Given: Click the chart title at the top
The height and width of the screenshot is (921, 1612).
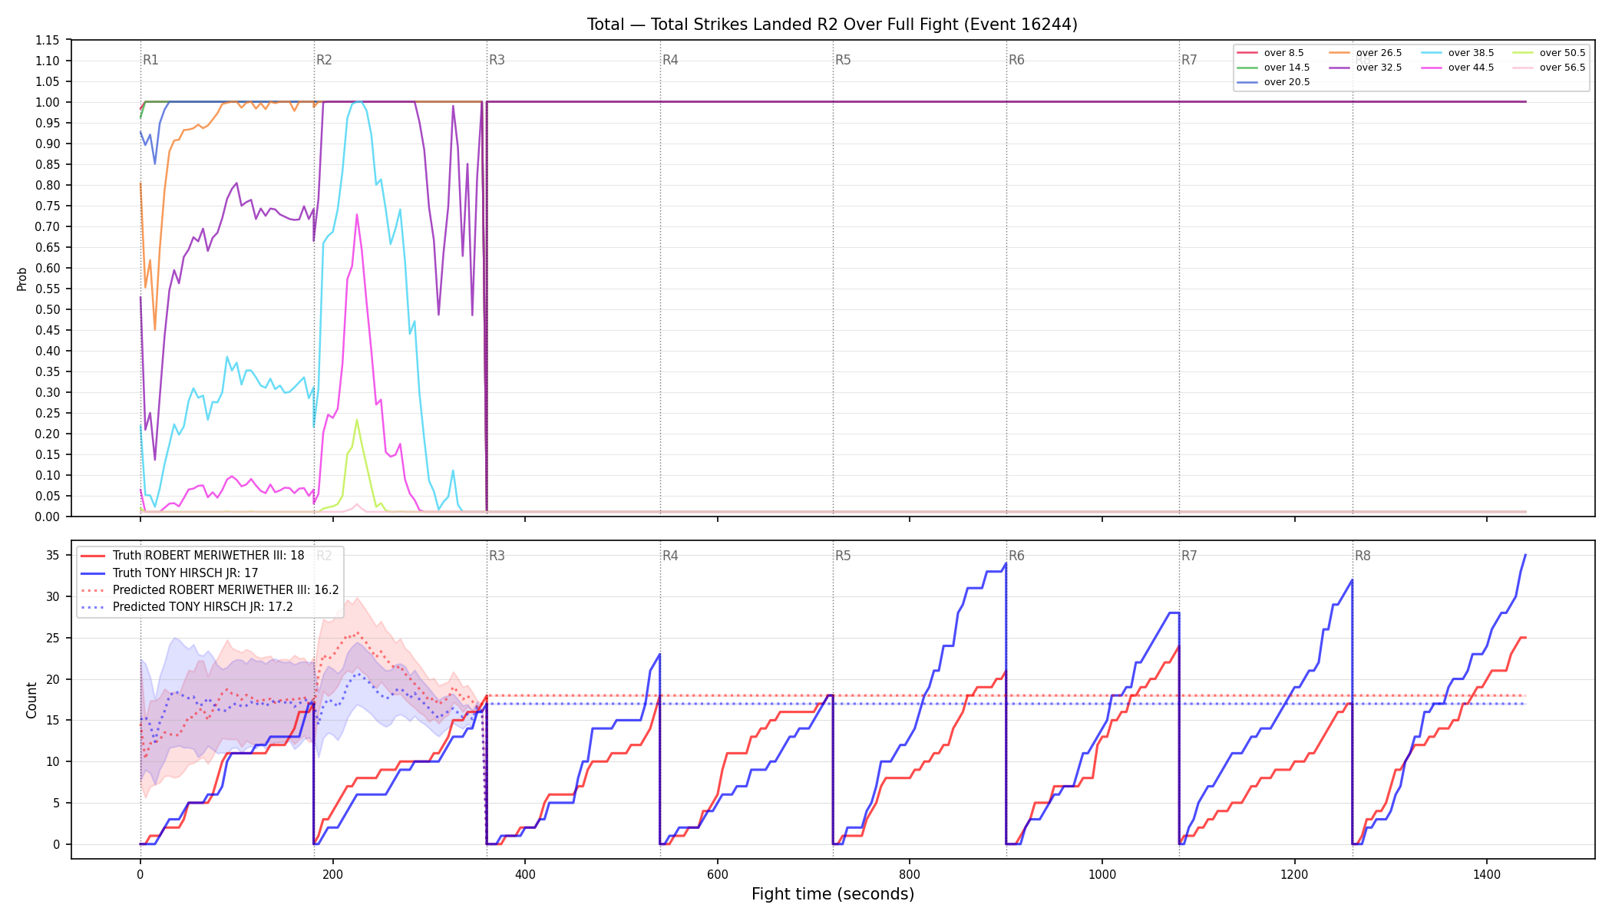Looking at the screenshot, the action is pos(832,25).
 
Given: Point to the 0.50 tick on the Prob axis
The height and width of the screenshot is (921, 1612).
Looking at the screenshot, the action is pos(48,309).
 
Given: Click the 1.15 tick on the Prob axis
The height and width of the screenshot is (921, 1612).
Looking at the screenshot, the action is pos(48,40).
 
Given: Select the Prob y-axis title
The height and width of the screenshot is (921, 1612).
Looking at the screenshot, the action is pos(21,279).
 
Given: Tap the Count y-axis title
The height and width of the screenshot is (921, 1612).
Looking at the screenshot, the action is pos(31,700).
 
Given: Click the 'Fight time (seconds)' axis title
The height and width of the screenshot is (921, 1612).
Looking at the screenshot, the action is pos(833,894).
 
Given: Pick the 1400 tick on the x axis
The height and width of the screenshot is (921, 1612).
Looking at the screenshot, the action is pos(1487,874).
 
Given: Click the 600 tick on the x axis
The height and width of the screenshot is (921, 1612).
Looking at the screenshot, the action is pos(717,874).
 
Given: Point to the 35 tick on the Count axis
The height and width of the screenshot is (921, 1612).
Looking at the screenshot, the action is pos(54,555).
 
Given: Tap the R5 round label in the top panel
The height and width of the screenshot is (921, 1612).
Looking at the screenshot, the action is pos(843,60).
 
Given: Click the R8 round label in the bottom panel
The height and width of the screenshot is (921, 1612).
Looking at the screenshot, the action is pos(1363,556).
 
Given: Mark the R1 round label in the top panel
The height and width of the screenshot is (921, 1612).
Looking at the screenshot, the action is pos(150,60).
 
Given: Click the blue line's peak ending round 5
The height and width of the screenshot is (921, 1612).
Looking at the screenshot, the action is pos(1006,563).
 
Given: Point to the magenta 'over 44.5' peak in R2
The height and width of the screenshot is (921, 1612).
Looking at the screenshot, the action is pos(357,215).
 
